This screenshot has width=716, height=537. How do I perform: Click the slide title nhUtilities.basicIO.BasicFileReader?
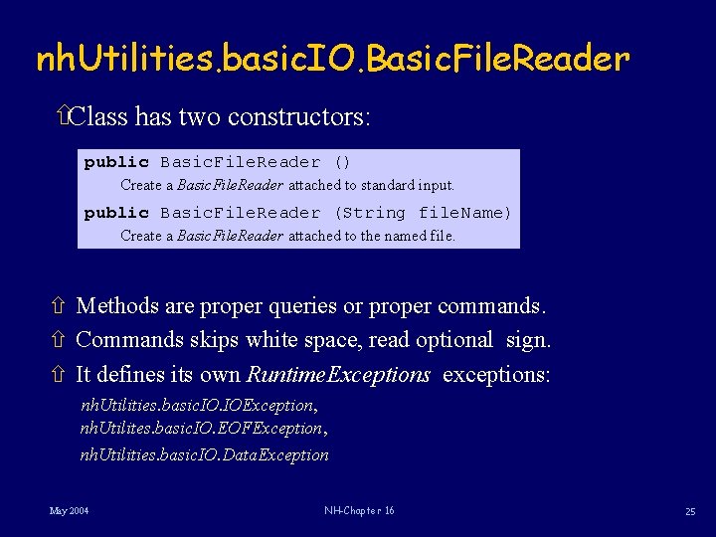[x=332, y=61]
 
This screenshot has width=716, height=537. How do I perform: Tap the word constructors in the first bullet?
[x=298, y=117]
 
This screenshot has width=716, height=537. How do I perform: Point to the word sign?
[x=527, y=340]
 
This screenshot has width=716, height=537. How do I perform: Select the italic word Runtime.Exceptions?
[x=338, y=375]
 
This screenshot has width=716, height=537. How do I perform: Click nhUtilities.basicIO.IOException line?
[x=198, y=406]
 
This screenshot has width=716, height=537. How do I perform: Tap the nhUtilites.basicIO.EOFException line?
[x=202, y=429]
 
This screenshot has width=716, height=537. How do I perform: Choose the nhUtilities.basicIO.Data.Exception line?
[x=204, y=455]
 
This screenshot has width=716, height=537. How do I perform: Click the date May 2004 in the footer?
[x=69, y=511]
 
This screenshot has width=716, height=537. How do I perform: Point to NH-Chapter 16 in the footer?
[x=359, y=511]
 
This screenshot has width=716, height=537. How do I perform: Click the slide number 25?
[x=690, y=511]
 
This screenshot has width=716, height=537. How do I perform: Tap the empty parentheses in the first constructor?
[x=342, y=162]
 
